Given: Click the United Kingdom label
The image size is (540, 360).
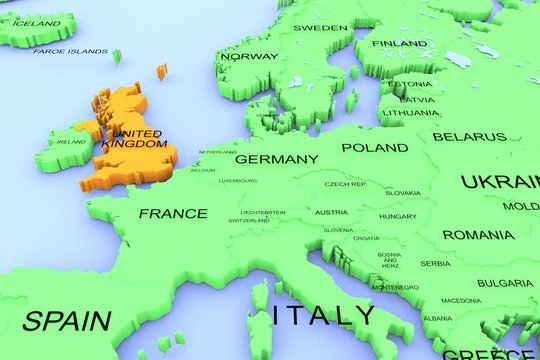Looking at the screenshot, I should point(136,139).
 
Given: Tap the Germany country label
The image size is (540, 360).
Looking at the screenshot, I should point(277,159).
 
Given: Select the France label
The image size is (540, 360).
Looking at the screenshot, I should point(173,213).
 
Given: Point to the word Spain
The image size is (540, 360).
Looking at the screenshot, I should point(67,321).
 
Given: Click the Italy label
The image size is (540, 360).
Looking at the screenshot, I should point(325,316).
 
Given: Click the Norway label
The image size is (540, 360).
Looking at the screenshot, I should point(248,57).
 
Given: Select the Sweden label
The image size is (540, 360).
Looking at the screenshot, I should point(320,28).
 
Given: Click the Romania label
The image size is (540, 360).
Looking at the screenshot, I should point(478,234).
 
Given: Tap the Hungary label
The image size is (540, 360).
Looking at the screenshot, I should point(398,216).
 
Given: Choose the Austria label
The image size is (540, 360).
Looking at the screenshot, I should point(331,212).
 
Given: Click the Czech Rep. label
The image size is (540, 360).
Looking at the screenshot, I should point(346,185).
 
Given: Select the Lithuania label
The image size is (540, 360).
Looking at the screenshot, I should point(410,113).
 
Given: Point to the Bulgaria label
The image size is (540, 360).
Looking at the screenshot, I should point(505,283).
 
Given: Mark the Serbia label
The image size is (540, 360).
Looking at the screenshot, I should point(435,263).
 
